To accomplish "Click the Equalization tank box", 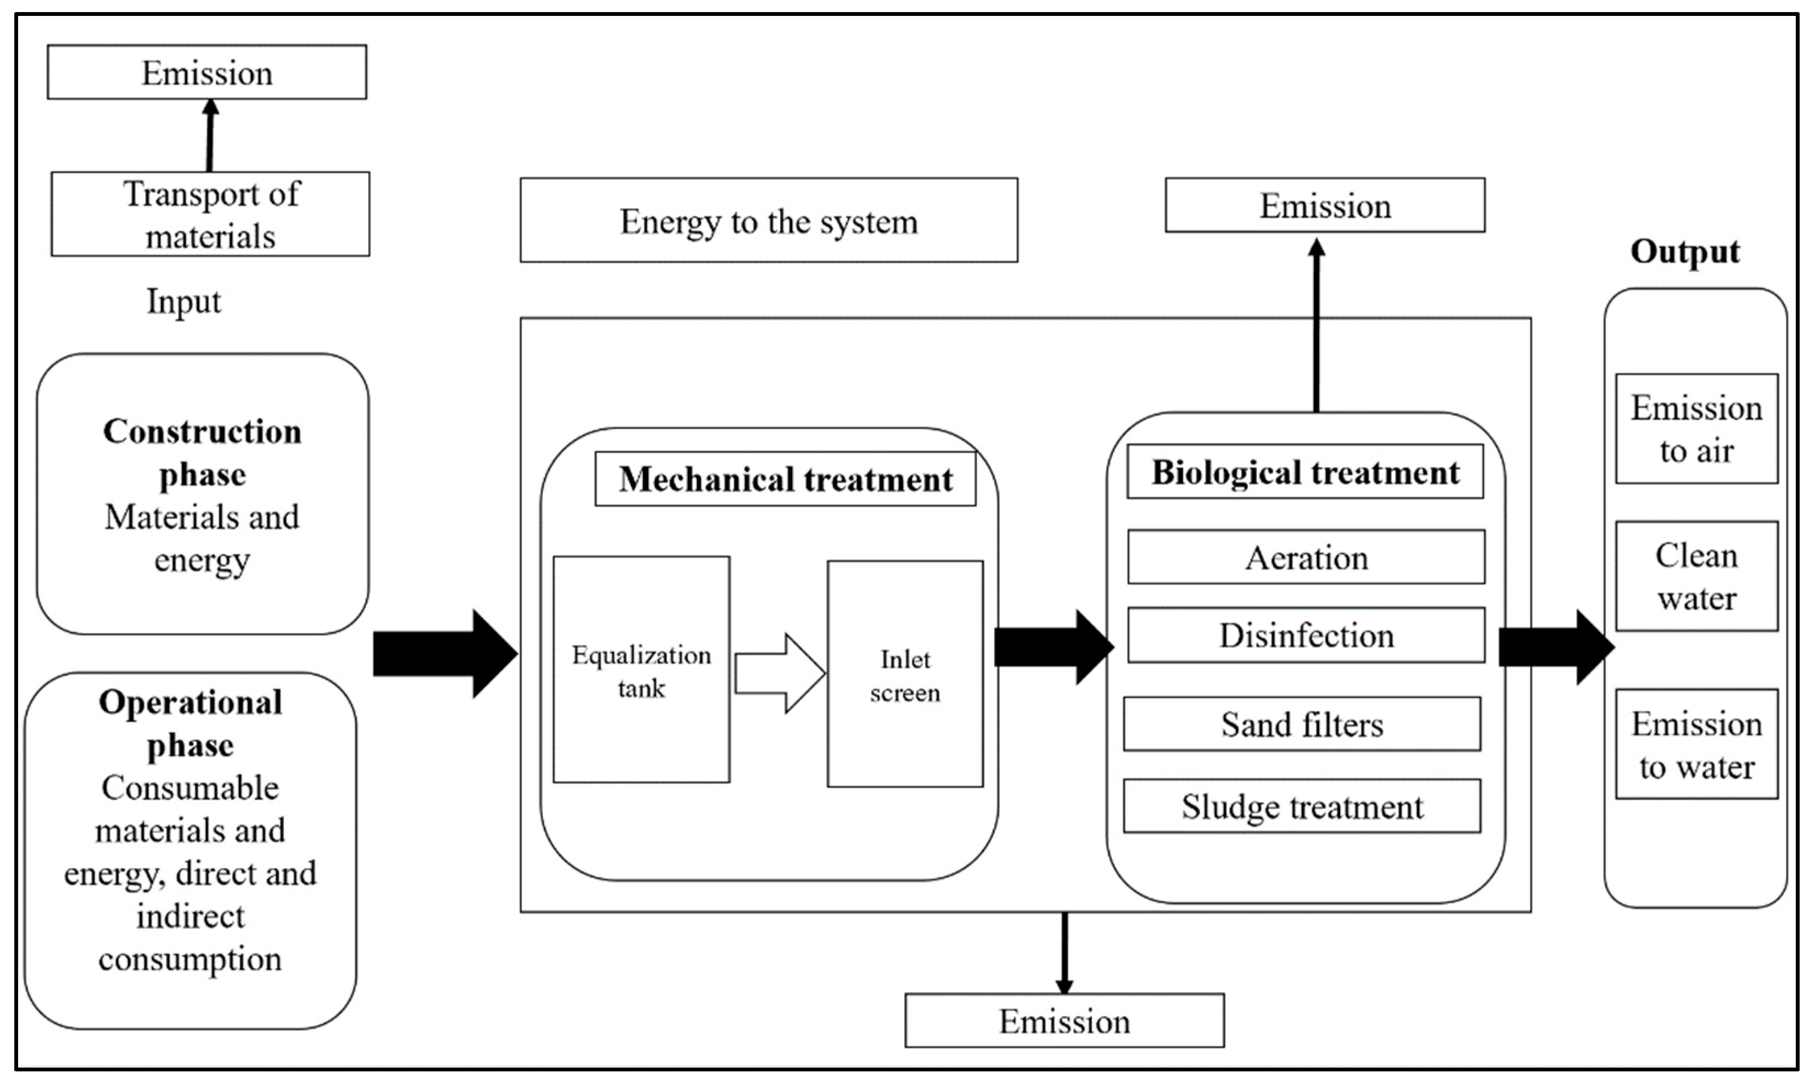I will point(641,669).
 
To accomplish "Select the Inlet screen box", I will point(905,673).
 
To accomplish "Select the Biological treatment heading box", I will point(1305,472).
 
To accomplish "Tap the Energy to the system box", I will point(769,220).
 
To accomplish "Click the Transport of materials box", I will point(210,214).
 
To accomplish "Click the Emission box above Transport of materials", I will point(207,72).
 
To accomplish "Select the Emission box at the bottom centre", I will point(1064,1020).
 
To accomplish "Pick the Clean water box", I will point(1696,576).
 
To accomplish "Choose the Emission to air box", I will point(1696,429).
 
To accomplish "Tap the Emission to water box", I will point(1696,744).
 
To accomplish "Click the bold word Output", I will point(1684,252).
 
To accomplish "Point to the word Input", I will point(183,301).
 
